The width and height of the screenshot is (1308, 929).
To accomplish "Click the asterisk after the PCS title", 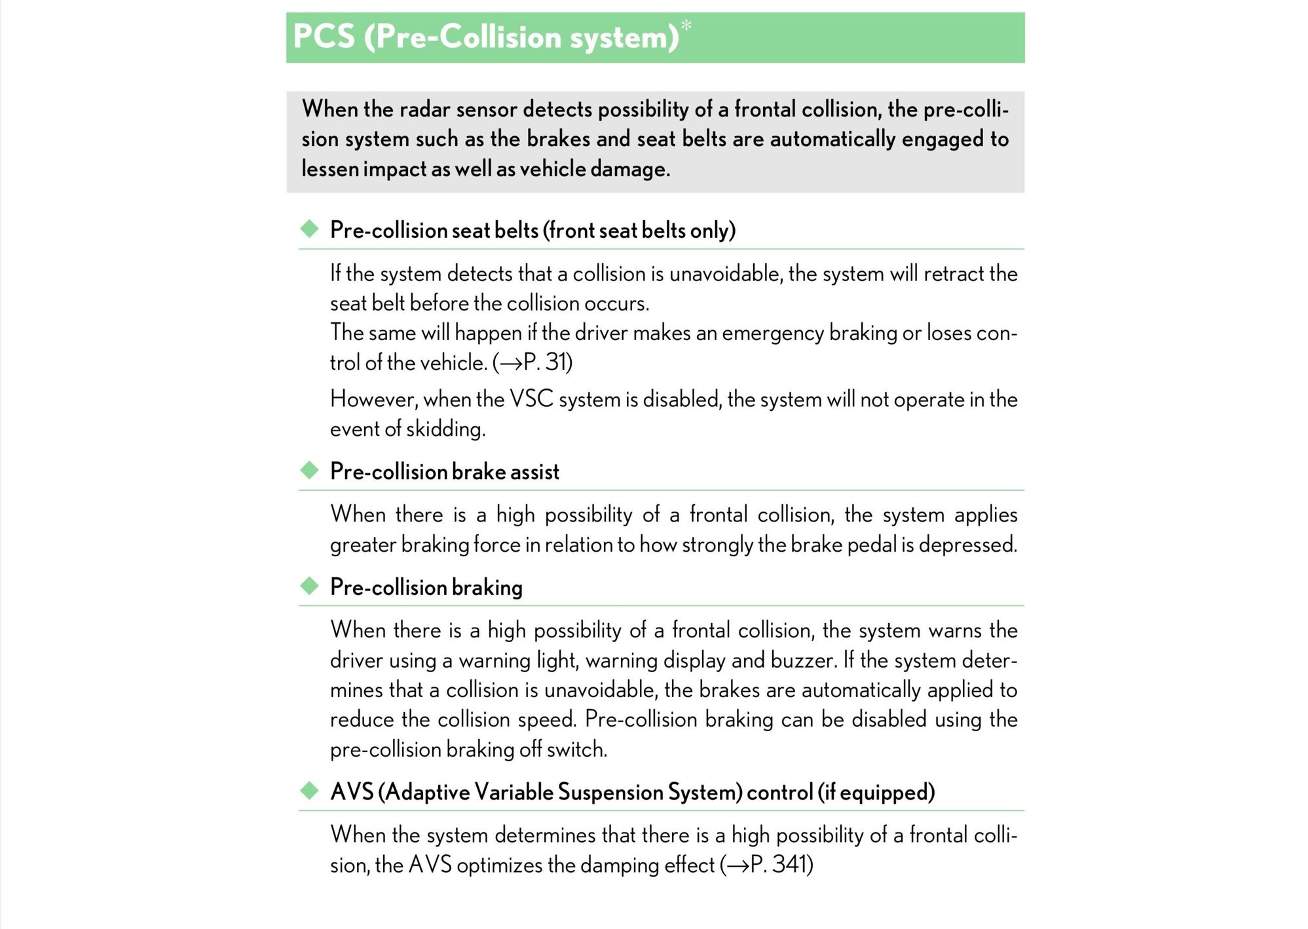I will pos(686,25).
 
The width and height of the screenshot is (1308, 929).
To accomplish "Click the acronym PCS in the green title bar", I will pos(324,36).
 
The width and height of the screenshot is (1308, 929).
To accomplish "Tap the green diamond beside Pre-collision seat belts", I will pos(309,229).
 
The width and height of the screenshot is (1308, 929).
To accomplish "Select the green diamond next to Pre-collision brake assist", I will pos(309,470).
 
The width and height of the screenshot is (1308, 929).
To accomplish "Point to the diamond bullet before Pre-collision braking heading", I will pos(309,585).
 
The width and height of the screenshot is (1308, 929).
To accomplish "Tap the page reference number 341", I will pos(789,865).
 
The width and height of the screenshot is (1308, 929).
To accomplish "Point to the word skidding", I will pos(445,429).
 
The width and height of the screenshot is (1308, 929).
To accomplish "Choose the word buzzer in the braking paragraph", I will pos(803,660).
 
